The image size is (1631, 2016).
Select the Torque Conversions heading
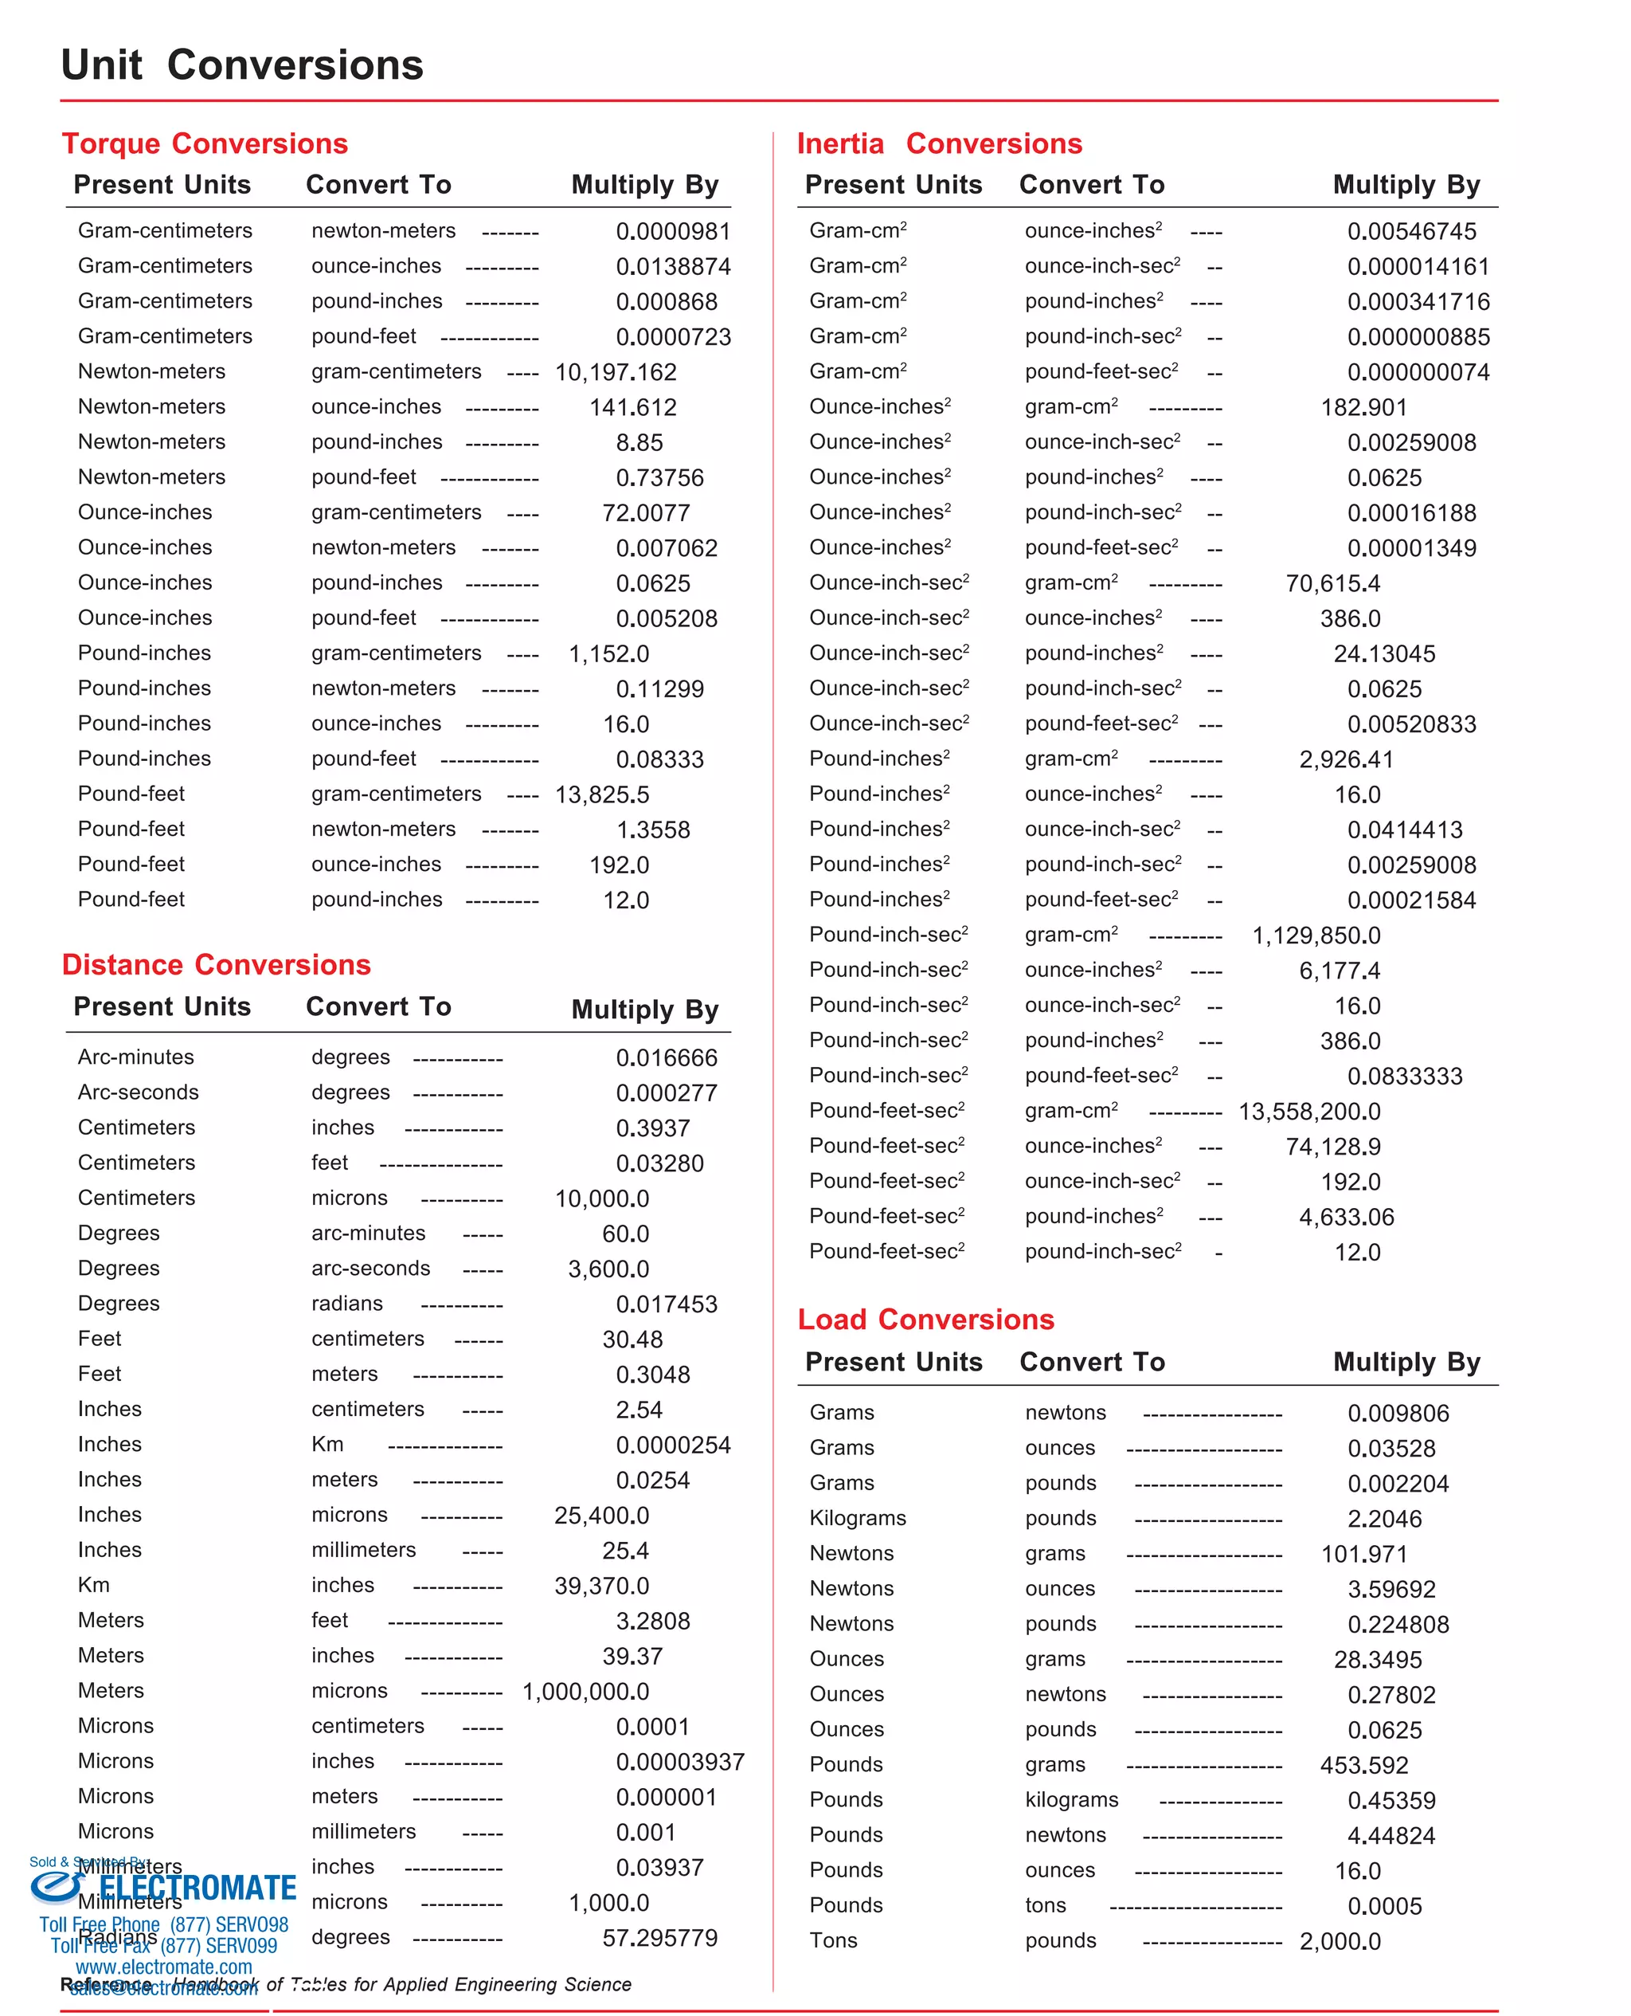[x=205, y=143]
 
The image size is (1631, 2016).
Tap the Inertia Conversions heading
[x=939, y=143]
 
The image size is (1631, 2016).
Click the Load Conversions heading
[x=925, y=1320]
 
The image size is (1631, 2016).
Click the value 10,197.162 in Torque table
[x=616, y=372]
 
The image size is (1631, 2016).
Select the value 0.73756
[x=659, y=477]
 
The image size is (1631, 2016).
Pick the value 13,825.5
[x=602, y=795]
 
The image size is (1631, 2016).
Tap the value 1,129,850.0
[x=1316, y=936]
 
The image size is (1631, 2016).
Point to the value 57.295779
[x=659, y=1938]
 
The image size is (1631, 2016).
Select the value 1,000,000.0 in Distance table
[x=585, y=1692]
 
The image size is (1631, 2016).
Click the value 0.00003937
[x=680, y=1763]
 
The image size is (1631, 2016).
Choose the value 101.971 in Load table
[x=1363, y=1555]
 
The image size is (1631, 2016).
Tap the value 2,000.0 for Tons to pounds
[x=1340, y=1942]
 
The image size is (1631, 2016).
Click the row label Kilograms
[x=858, y=1518]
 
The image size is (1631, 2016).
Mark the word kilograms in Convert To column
[x=1071, y=1800]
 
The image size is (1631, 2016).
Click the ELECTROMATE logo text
[x=198, y=1889]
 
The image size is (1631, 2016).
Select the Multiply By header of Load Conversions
[x=1406, y=1363]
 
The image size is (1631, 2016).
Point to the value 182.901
[x=1363, y=408]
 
